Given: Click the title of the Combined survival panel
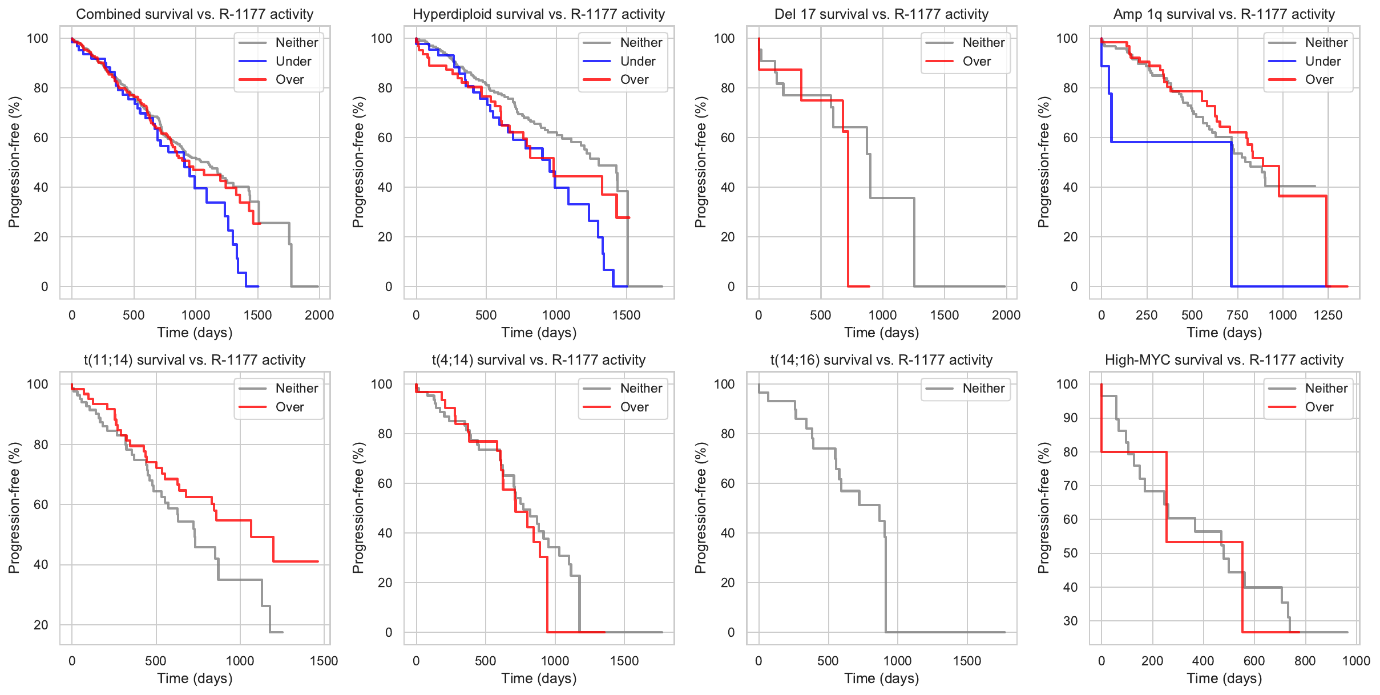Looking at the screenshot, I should tap(195, 14).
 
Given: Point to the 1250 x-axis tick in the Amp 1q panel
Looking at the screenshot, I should tap(1327, 315).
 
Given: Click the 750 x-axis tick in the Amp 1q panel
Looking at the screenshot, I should tap(1237, 315).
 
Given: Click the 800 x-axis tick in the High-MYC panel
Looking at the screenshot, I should tap(1305, 661).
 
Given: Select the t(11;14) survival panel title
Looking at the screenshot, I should tap(195, 360).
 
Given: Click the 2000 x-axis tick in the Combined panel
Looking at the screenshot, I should tap(319, 315).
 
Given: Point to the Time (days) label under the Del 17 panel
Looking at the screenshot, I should tap(881, 333).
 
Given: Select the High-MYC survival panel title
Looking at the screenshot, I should tap(1224, 360).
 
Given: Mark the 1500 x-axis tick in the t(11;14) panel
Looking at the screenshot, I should tap(324, 661).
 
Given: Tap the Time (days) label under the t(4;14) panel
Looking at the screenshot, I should tap(539, 678).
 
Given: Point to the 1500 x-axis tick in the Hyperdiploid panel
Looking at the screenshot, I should tap(626, 315).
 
